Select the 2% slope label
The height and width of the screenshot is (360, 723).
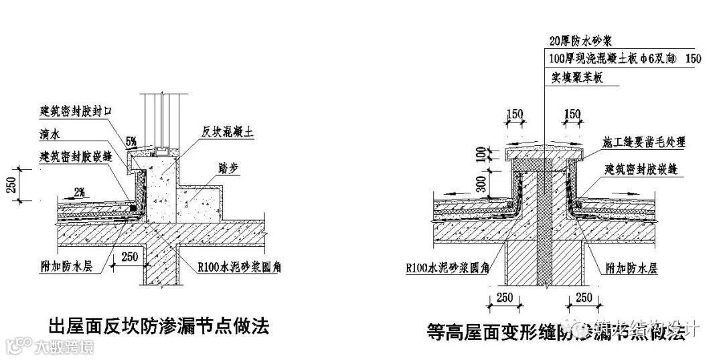(x=79, y=193)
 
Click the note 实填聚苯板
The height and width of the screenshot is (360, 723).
(x=578, y=78)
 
